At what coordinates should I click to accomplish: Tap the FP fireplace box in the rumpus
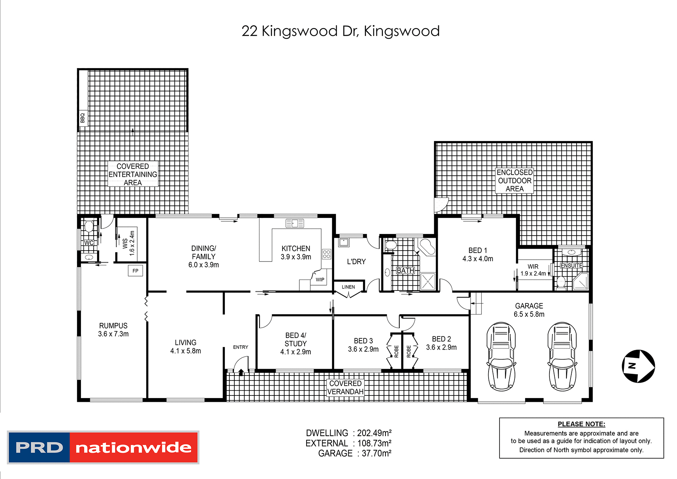pos(135,271)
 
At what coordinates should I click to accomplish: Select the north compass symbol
pos(638,366)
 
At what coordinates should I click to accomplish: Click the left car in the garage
pos(501,357)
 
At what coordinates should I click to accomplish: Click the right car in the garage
pos(562,357)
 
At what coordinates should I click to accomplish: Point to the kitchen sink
pos(295,224)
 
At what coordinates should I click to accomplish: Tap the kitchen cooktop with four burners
pos(326,254)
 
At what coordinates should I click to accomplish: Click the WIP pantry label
pos(320,280)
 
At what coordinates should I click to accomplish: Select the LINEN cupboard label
pos(348,287)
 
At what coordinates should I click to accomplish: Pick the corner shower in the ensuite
pos(581,281)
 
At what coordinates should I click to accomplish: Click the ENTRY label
pos(241,347)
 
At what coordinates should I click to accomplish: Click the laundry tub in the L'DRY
pos(344,242)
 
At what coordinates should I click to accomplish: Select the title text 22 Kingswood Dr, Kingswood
pos(340,31)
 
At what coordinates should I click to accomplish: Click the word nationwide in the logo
pos(134,448)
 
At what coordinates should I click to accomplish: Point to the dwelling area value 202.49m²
pos(374,433)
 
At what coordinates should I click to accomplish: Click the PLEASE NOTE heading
pos(581,424)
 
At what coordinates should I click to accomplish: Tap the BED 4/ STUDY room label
pos(296,343)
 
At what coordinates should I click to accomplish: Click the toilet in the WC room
pos(89,227)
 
